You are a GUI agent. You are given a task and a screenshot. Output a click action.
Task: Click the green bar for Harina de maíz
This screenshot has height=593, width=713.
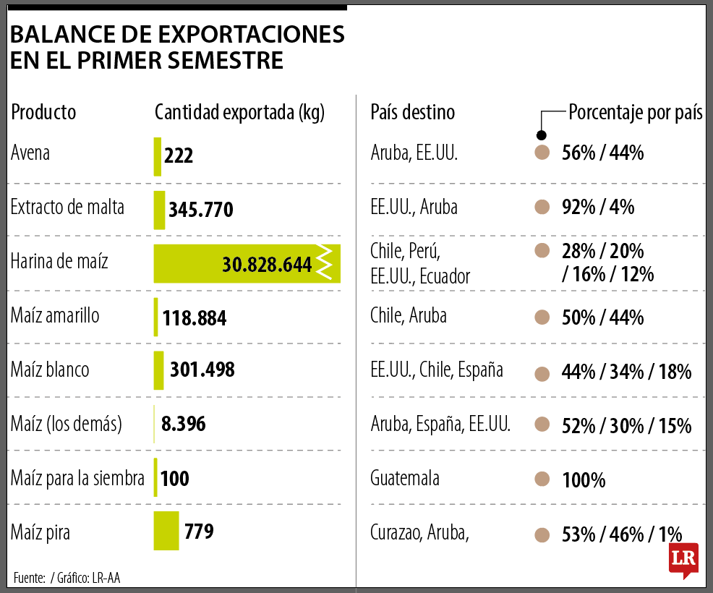188,264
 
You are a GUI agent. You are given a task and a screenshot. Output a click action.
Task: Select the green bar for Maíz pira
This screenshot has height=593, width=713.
166,531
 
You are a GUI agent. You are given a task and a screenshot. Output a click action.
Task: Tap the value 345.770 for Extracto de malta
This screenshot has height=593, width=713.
200,210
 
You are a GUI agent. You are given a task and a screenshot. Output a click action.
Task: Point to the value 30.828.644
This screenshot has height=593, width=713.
267,265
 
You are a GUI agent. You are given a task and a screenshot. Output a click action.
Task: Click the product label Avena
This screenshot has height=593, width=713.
30,153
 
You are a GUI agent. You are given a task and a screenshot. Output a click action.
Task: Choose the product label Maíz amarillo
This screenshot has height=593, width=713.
55,316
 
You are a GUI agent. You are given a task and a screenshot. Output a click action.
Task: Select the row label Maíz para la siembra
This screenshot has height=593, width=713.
77,478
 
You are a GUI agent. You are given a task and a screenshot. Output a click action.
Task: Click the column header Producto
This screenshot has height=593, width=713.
43,113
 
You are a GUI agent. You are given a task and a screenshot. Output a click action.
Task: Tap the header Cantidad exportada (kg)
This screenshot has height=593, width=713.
240,113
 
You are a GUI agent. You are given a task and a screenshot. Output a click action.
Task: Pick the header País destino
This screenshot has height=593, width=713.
412,113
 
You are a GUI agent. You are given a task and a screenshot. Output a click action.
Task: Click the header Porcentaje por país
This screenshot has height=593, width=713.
636,113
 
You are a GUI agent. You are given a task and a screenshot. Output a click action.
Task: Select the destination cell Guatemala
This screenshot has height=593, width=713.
404,478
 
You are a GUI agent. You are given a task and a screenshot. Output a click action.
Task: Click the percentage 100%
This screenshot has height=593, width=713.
584,479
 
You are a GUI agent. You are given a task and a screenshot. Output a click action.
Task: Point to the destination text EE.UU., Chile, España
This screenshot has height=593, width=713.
436,370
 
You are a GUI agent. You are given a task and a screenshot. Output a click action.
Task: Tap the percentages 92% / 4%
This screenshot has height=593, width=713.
597,208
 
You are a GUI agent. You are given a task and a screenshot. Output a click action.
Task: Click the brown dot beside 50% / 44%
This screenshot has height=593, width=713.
541,317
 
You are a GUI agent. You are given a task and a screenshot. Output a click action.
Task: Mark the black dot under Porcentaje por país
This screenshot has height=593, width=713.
541,135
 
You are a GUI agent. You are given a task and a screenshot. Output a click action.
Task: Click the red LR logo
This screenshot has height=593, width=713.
683,559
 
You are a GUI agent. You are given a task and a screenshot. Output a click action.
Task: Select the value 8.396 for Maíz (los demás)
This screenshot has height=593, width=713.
184,424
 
